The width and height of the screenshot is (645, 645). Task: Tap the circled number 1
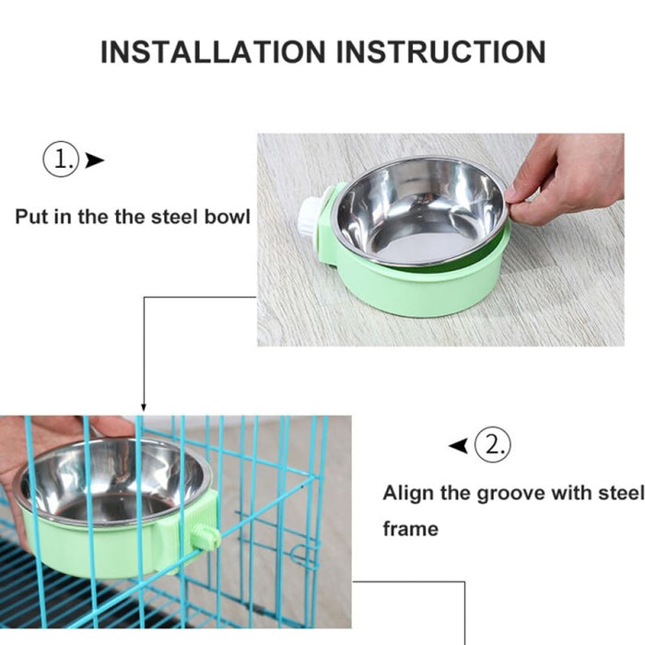[x=60, y=159]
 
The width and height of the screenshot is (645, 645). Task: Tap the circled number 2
[x=493, y=446]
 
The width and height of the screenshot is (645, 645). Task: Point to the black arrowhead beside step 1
[x=94, y=160]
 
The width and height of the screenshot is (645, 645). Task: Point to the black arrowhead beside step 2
[x=458, y=447]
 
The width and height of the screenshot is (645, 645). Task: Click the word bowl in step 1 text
[x=227, y=218]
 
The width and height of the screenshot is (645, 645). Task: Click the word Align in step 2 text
[x=407, y=493]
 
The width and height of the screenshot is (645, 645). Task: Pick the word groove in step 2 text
[x=510, y=493]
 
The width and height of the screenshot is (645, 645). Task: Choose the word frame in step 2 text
[x=410, y=530]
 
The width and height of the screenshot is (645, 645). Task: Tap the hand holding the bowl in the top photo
[x=571, y=175]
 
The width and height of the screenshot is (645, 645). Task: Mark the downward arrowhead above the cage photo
[x=143, y=406]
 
